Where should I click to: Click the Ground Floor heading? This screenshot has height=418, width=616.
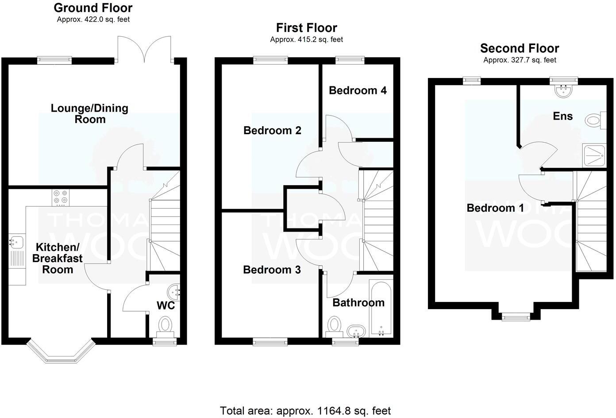coord(93,8)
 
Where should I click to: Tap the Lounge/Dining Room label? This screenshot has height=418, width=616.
coord(89,114)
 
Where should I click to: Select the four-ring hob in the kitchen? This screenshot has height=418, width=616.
coord(60,197)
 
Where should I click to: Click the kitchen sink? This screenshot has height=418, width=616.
coord(16,243)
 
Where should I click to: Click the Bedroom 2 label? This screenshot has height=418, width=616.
coord(272,131)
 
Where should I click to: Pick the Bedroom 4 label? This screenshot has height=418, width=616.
coord(358,90)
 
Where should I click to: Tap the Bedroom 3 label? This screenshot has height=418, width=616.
coord(272,270)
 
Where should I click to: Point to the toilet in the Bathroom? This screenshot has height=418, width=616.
coord(334,325)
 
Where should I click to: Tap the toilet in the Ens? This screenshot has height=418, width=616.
coord(593,120)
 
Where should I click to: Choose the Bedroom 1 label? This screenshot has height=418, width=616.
coord(495,208)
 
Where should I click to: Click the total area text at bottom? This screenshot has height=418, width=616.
coord(305,411)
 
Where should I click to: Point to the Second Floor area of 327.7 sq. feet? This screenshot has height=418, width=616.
coord(520,60)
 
